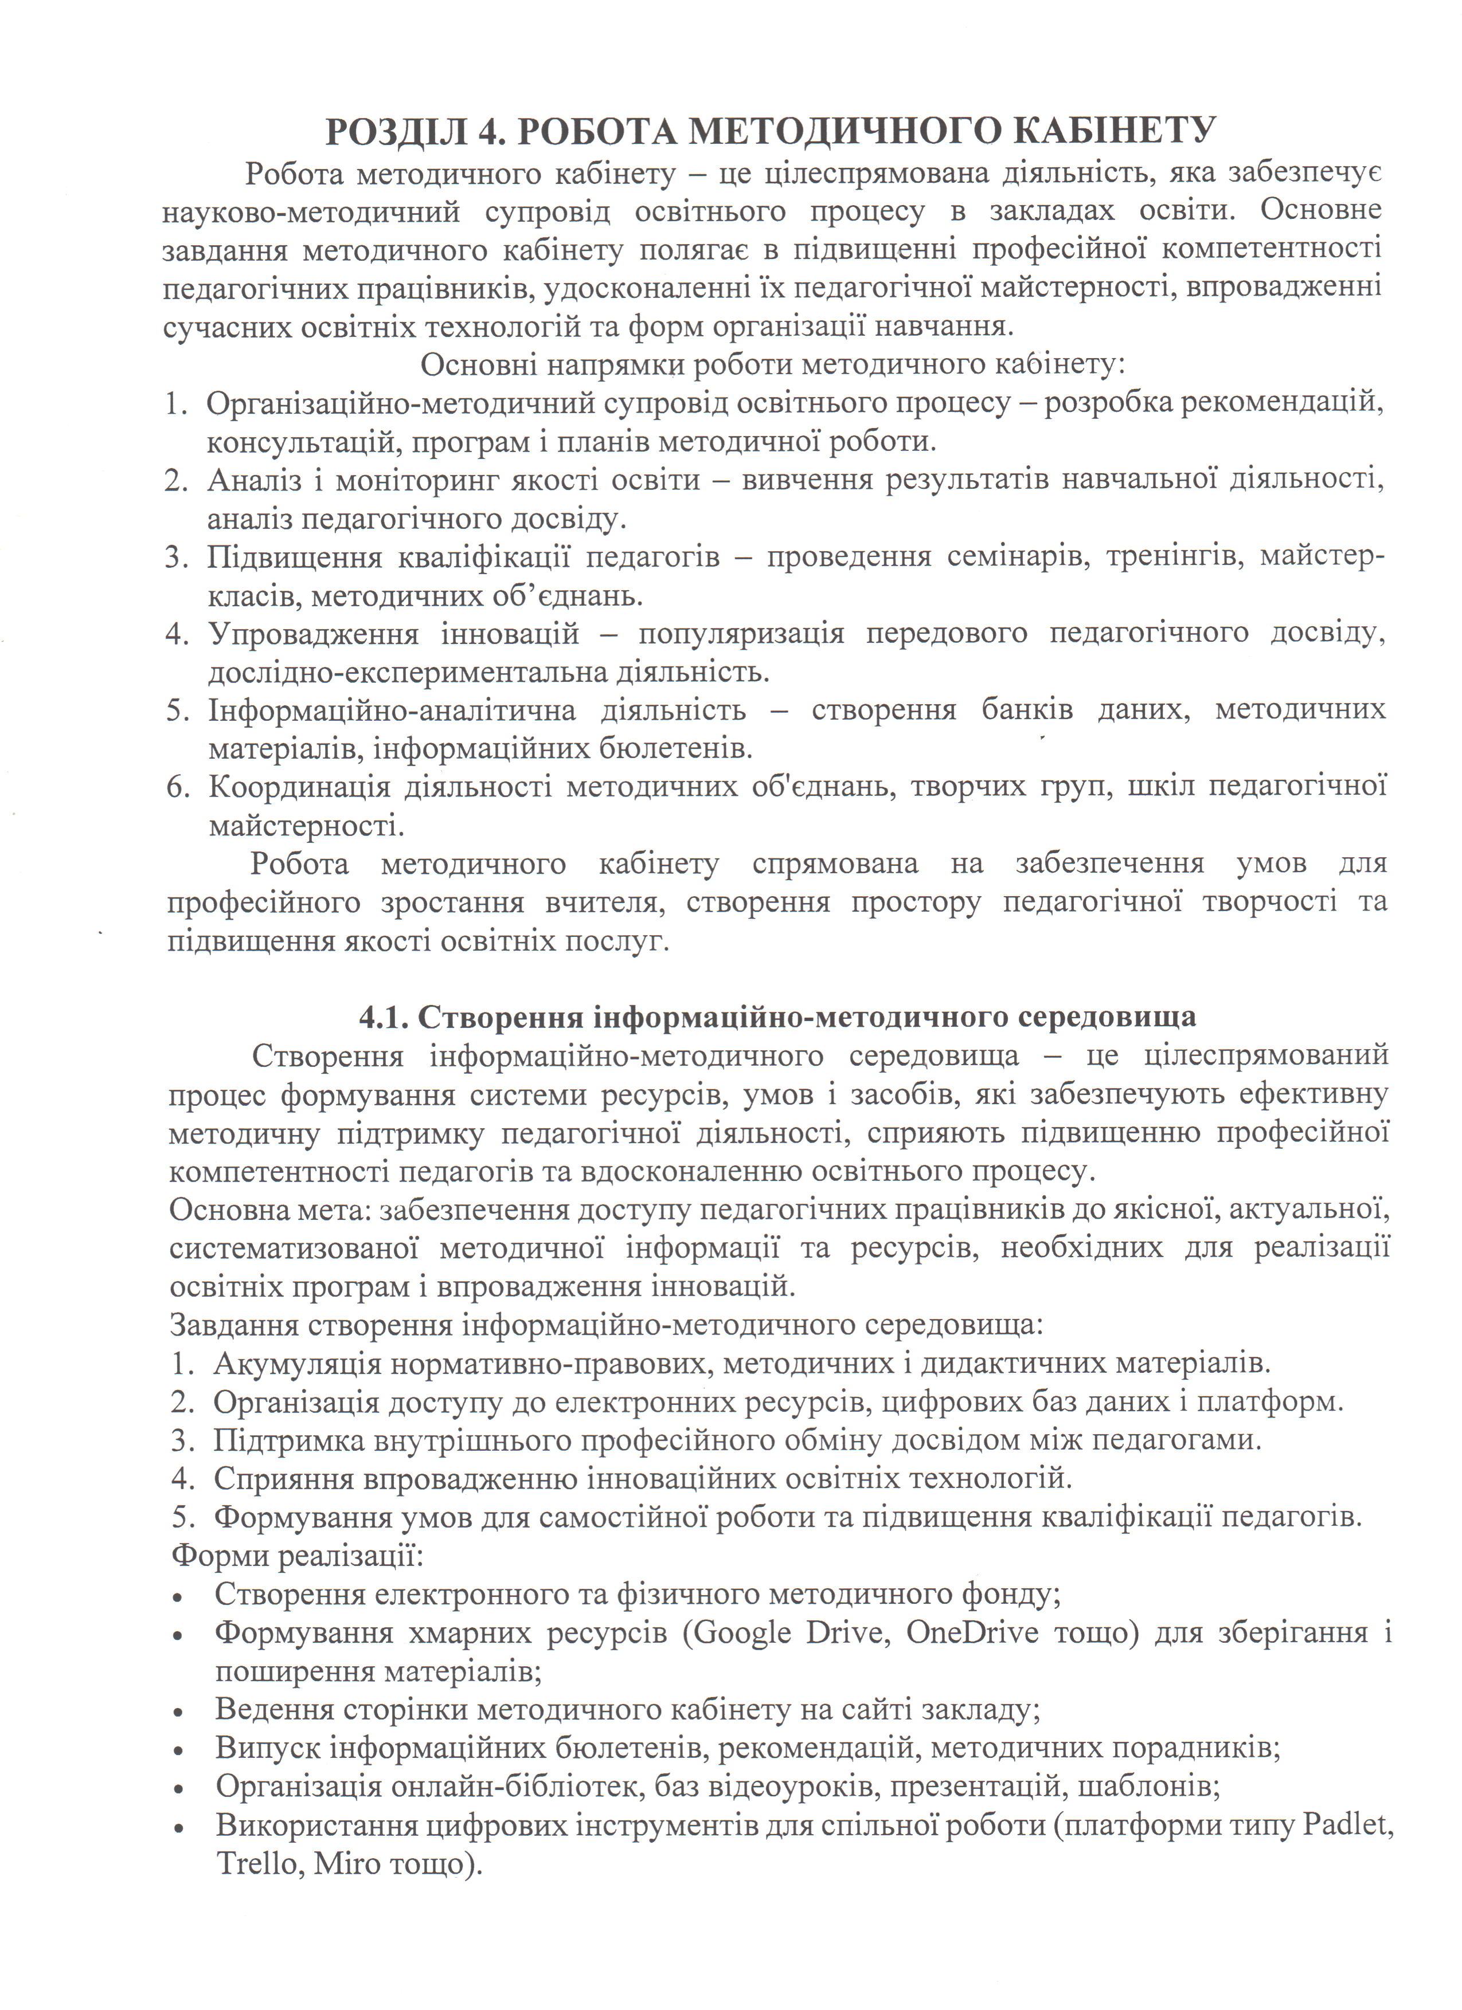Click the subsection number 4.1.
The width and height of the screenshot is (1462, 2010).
[383, 1016]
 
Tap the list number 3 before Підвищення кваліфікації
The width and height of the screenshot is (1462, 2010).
[175, 558]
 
